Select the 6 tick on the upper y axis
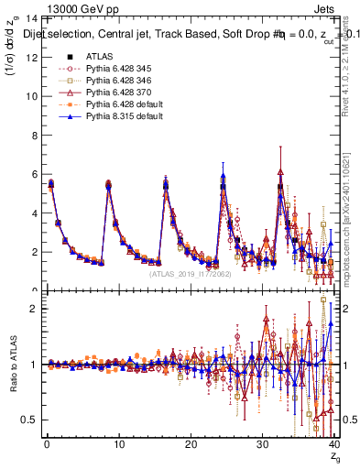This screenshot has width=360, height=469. tap(34, 174)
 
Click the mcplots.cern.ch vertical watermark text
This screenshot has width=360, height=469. tap(353, 229)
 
